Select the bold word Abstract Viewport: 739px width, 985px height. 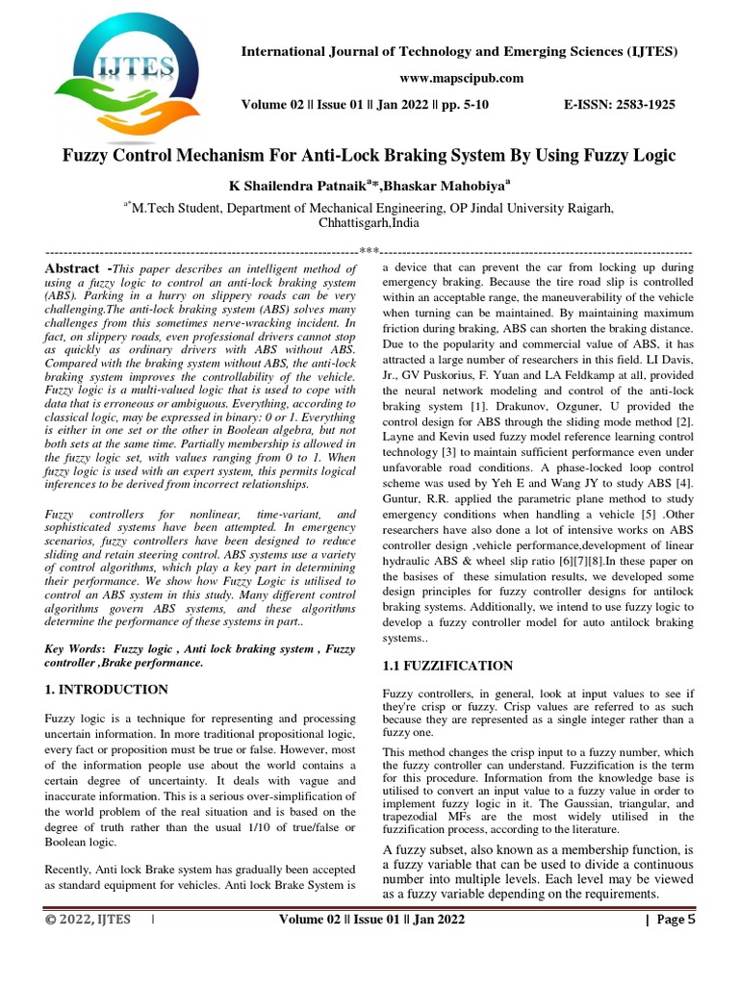click(72, 268)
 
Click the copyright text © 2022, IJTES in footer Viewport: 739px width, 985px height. click(87, 921)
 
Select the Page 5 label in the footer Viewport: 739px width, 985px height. click(675, 921)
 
